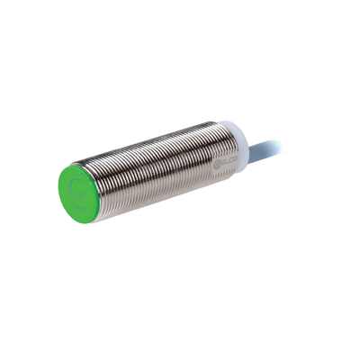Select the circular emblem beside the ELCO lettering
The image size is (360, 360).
point(216,162)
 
